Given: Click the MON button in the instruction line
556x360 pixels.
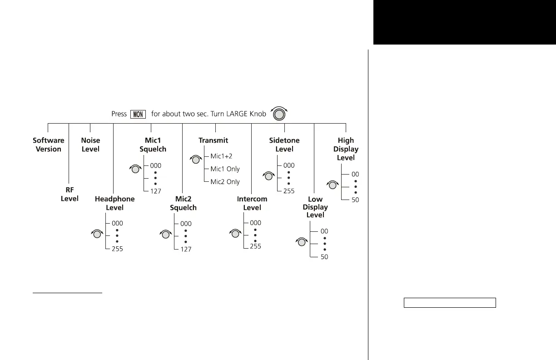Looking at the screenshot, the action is click(x=138, y=114).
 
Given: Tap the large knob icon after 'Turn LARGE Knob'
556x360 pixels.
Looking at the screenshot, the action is click(x=279, y=114).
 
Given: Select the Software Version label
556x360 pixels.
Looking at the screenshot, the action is click(x=49, y=145).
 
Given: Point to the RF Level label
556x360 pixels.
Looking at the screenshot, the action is click(x=69, y=195).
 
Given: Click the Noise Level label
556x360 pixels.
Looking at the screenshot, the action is click(x=90, y=145).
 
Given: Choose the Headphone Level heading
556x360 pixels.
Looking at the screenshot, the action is click(x=114, y=203).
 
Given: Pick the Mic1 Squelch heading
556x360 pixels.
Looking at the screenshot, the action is click(x=153, y=145).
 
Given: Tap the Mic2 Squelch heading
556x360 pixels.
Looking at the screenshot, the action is click(x=183, y=203).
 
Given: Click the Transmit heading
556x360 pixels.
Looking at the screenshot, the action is click(x=213, y=140).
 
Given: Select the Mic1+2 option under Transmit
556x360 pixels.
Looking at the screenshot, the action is click(x=221, y=156).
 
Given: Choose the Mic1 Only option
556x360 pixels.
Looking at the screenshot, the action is click(x=225, y=169).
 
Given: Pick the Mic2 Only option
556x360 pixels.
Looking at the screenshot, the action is click(x=225, y=182).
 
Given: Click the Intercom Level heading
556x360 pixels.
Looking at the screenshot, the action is click(x=252, y=203).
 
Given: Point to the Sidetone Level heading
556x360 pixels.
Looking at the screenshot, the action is click(x=284, y=145).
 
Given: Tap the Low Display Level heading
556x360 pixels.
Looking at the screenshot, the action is click(x=315, y=207).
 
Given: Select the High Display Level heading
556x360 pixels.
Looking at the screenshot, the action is click(x=346, y=149).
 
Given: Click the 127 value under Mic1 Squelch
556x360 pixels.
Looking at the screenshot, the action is click(x=156, y=191).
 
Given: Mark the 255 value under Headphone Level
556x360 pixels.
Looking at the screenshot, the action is click(x=117, y=249).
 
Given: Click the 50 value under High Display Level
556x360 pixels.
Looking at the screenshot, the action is click(x=355, y=200).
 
